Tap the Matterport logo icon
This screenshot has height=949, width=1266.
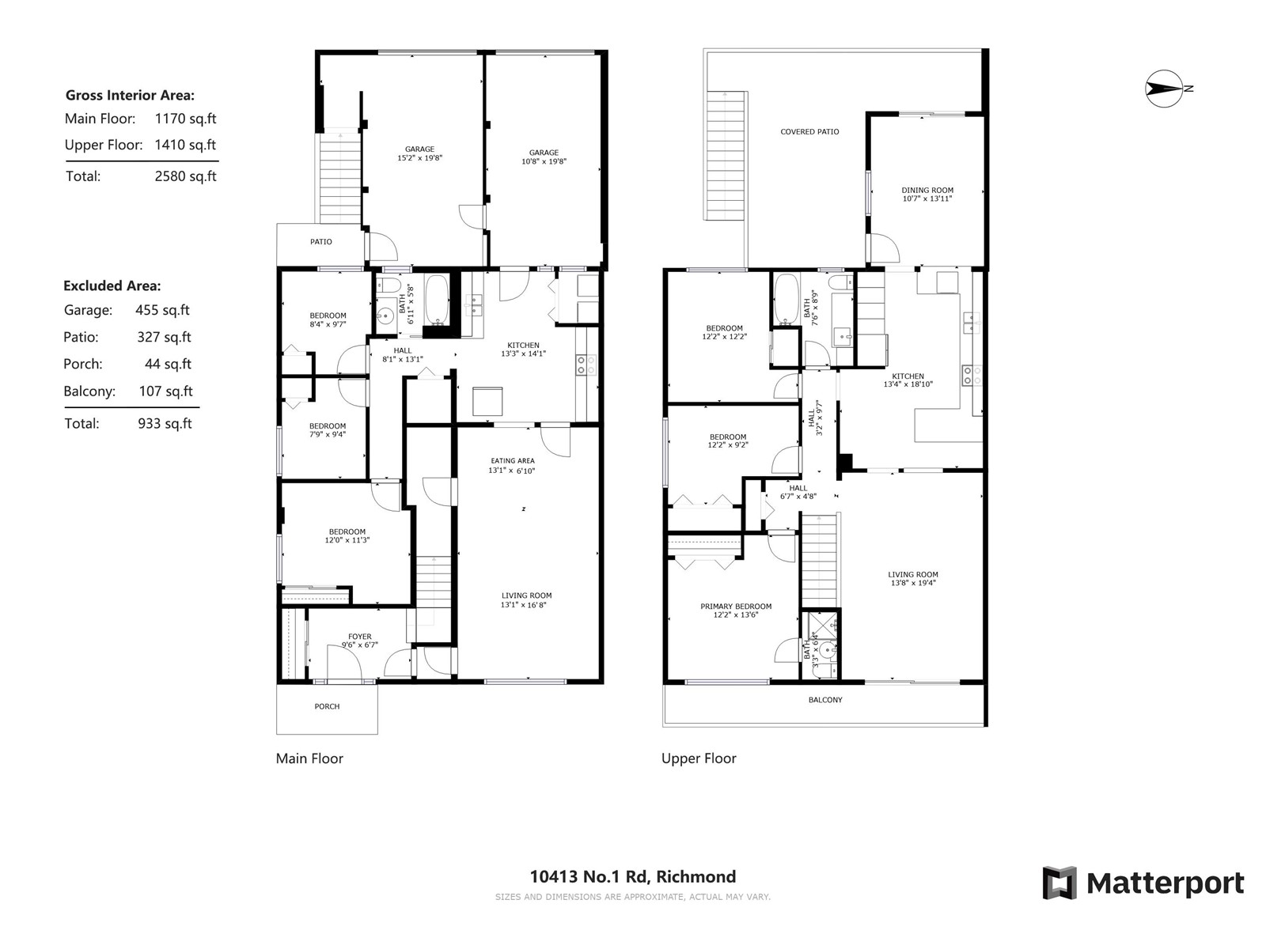pyautogui.click(x=1059, y=883)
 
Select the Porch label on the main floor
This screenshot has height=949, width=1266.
pyautogui.click(x=327, y=706)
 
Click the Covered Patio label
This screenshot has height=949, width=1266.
pyautogui.click(x=809, y=132)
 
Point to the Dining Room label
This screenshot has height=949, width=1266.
pyautogui.click(x=927, y=190)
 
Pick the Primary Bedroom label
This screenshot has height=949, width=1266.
pyautogui.click(x=736, y=606)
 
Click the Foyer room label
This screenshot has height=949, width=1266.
pyautogui.click(x=360, y=637)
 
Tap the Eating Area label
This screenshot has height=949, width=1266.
pyautogui.click(x=513, y=461)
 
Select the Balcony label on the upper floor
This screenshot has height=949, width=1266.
pyautogui.click(x=825, y=700)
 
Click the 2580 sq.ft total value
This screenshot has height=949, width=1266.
pyautogui.click(x=186, y=176)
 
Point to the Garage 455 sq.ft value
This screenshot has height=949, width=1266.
pyautogui.click(x=163, y=310)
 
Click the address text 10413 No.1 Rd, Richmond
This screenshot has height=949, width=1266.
pyautogui.click(x=633, y=876)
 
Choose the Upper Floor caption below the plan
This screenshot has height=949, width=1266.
pyautogui.click(x=699, y=758)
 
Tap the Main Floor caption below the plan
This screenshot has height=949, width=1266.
pyautogui.click(x=309, y=758)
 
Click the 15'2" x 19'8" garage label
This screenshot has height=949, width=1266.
pyautogui.click(x=420, y=158)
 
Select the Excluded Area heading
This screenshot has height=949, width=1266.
pyautogui.click(x=112, y=285)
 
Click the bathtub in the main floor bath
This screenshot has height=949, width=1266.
pyautogui.click(x=437, y=301)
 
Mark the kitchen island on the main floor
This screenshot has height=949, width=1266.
pyautogui.click(x=487, y=401)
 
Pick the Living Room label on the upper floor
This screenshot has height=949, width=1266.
pyautogui.click(x=913, y=574)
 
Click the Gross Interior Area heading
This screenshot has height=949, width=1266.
pyautogui.click(x=130, y=95)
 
